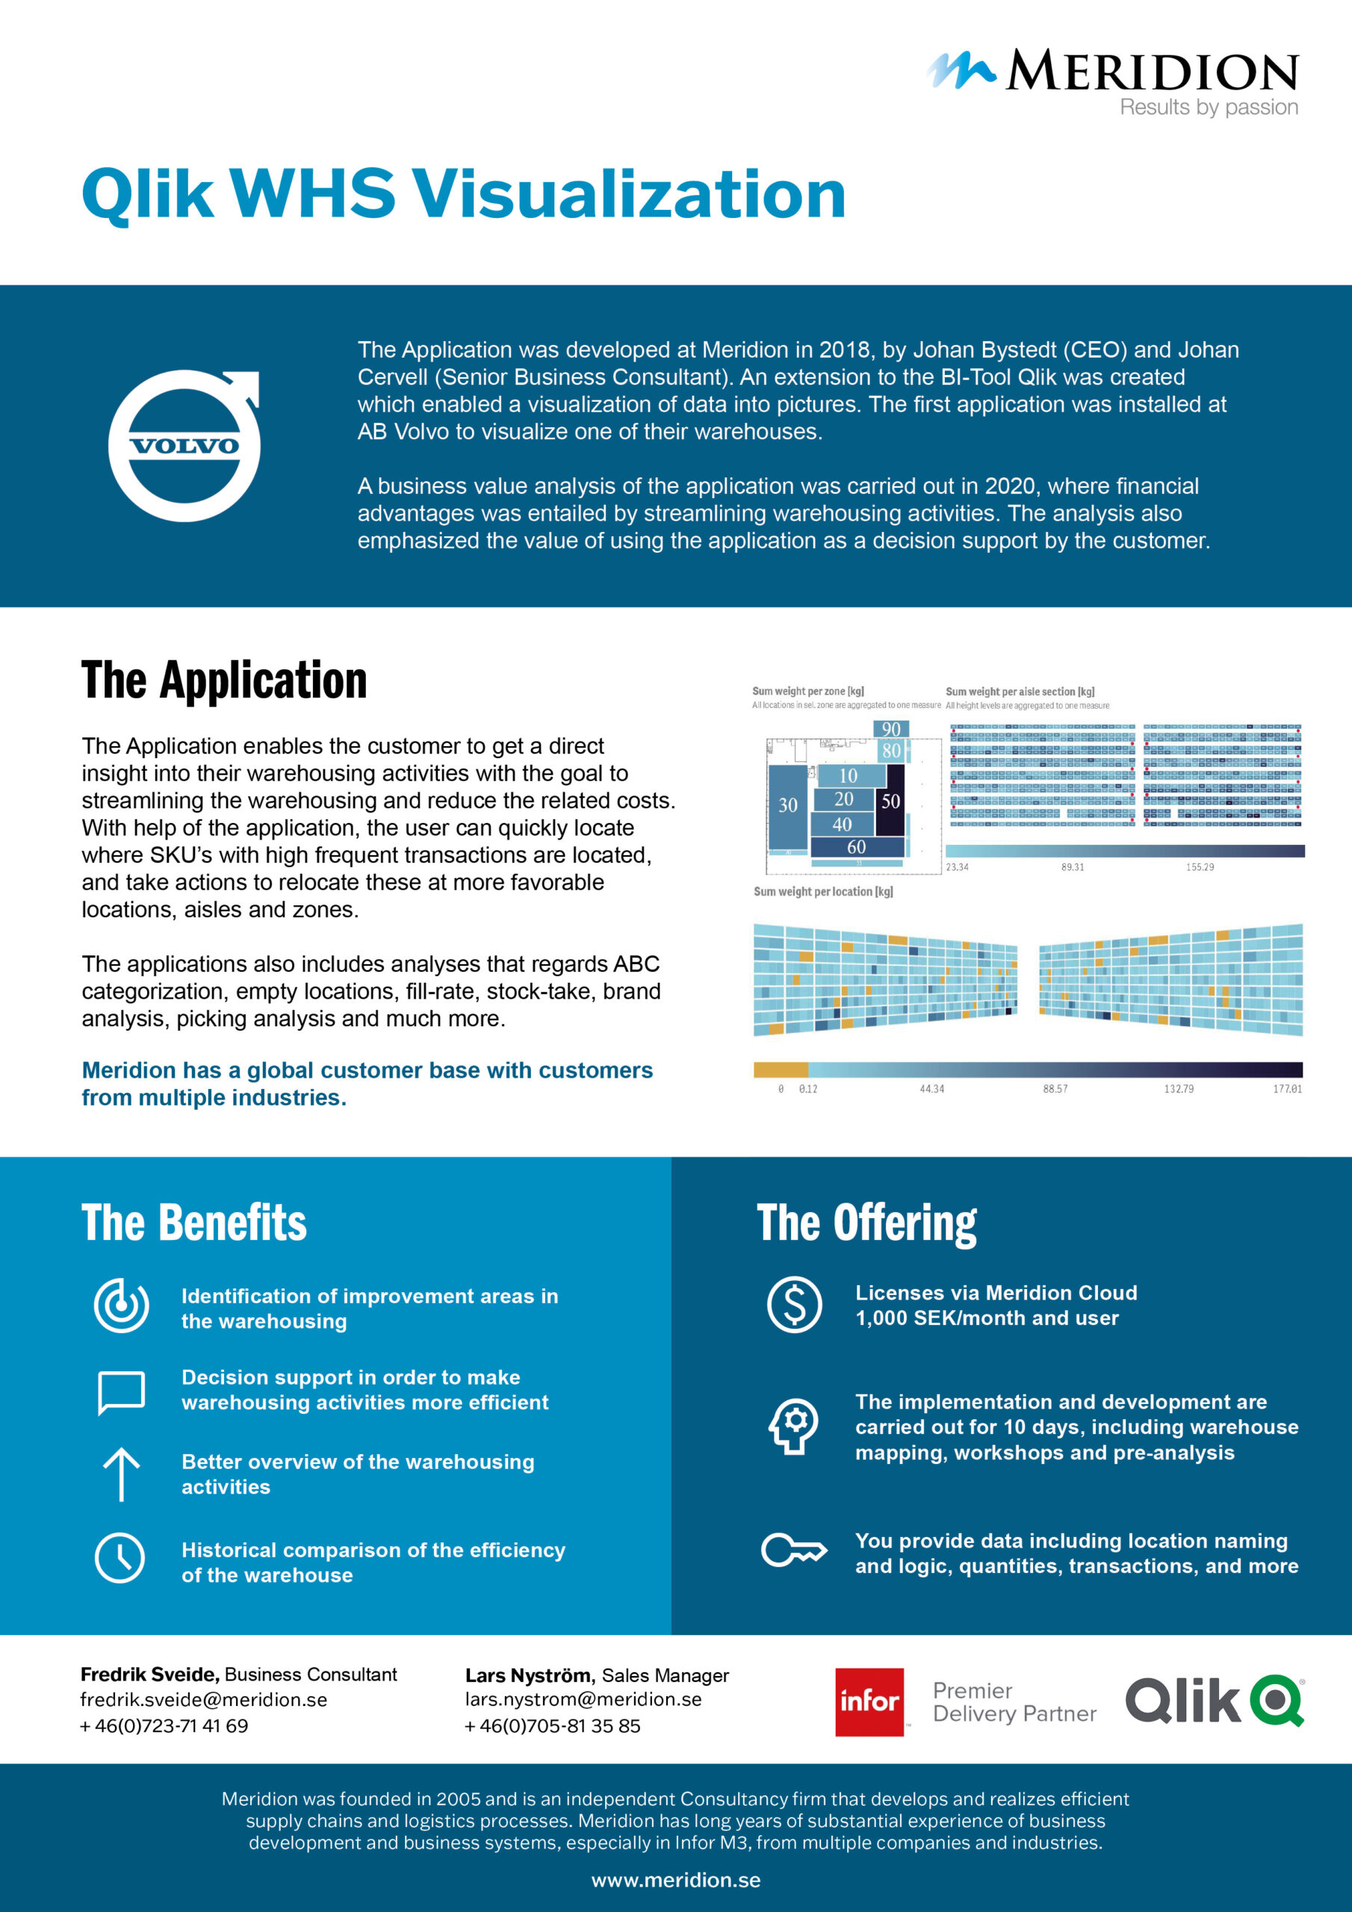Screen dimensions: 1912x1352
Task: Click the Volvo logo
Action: (x=184, y=446)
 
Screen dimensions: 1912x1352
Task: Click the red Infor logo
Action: (x=869, y=1701)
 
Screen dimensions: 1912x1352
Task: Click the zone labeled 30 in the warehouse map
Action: (x=787, y=805)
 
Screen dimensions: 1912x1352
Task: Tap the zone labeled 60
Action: (x=856, y=847)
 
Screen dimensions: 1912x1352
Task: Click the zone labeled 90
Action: (x=891, y=730)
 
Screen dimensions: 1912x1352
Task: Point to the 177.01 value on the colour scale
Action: (x=1286, y=1088)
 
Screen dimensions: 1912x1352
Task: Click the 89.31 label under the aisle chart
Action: (x=1072, y=867)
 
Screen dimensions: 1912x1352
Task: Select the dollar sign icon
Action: (x=794, y=1304)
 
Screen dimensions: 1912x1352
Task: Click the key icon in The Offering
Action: (x=793, y=1550)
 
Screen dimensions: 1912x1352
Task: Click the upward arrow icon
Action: (x=122, y=1474)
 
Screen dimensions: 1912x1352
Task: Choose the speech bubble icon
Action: (x=122, y=1391)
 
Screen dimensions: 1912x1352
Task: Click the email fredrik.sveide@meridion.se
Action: (x=203, y=1700)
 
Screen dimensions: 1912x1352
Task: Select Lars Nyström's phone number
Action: (x=552, y=1725)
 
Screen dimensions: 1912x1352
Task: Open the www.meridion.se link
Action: (x=675, y=1880)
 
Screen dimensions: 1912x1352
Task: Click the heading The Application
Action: (x=224, y=680)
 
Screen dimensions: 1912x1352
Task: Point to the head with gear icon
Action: (x=794, y=1427)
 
